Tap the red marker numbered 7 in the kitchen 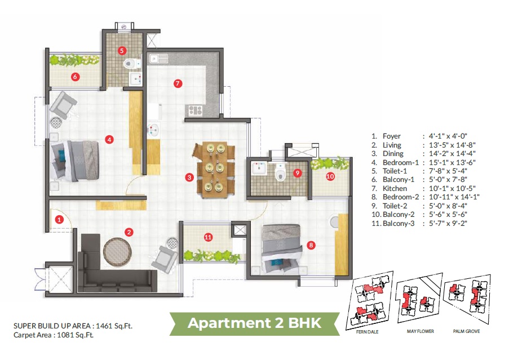178,83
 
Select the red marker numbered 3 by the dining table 189,177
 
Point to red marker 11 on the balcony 208,237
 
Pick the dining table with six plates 214,168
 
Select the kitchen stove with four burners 196,110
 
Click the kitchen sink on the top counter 158,57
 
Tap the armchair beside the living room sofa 166,256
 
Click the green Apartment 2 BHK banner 254,323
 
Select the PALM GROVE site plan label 466,331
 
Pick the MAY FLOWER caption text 420,331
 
